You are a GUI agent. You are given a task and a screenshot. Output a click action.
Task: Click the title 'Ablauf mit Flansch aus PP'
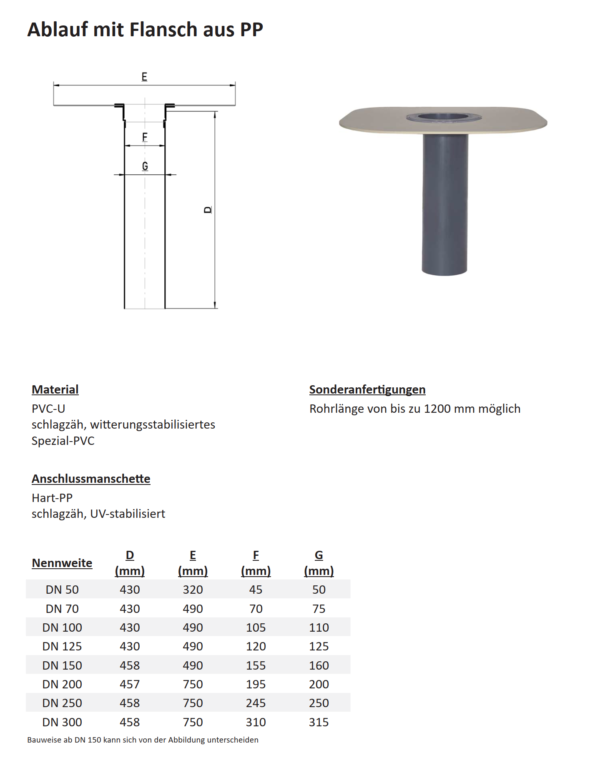[145, 30]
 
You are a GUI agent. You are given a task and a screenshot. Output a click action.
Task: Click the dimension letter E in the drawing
[144, 77]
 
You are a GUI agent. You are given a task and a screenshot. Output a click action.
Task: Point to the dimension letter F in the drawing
[145, 137]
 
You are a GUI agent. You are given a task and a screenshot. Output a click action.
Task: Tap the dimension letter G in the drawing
[145, 166]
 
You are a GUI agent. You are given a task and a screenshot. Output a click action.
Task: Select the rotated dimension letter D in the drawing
[208, 210]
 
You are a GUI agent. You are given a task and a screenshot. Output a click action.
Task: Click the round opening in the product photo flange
[444, 117]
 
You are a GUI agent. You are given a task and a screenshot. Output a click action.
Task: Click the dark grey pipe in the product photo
[444, 204]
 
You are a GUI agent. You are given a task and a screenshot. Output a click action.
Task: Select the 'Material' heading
[55, 389]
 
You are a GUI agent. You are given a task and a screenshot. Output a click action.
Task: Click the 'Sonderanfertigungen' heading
[367, 389]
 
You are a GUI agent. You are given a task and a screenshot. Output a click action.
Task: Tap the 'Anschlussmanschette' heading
[91, 479]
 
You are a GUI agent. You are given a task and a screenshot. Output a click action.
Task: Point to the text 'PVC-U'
[48, 409]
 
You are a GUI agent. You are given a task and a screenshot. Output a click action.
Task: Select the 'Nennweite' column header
[62, 563]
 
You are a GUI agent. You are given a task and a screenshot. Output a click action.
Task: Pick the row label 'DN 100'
[62, 627]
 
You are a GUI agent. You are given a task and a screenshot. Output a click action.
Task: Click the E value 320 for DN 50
[193, 590]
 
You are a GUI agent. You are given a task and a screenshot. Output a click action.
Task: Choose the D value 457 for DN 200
[130, 684]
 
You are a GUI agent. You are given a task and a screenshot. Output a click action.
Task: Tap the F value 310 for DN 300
[256, 722]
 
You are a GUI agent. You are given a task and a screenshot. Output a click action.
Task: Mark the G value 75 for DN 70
[319, 609]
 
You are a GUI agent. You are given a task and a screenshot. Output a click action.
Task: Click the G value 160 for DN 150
[319, 665]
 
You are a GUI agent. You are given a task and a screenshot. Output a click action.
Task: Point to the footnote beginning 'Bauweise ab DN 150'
[143, 740]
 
